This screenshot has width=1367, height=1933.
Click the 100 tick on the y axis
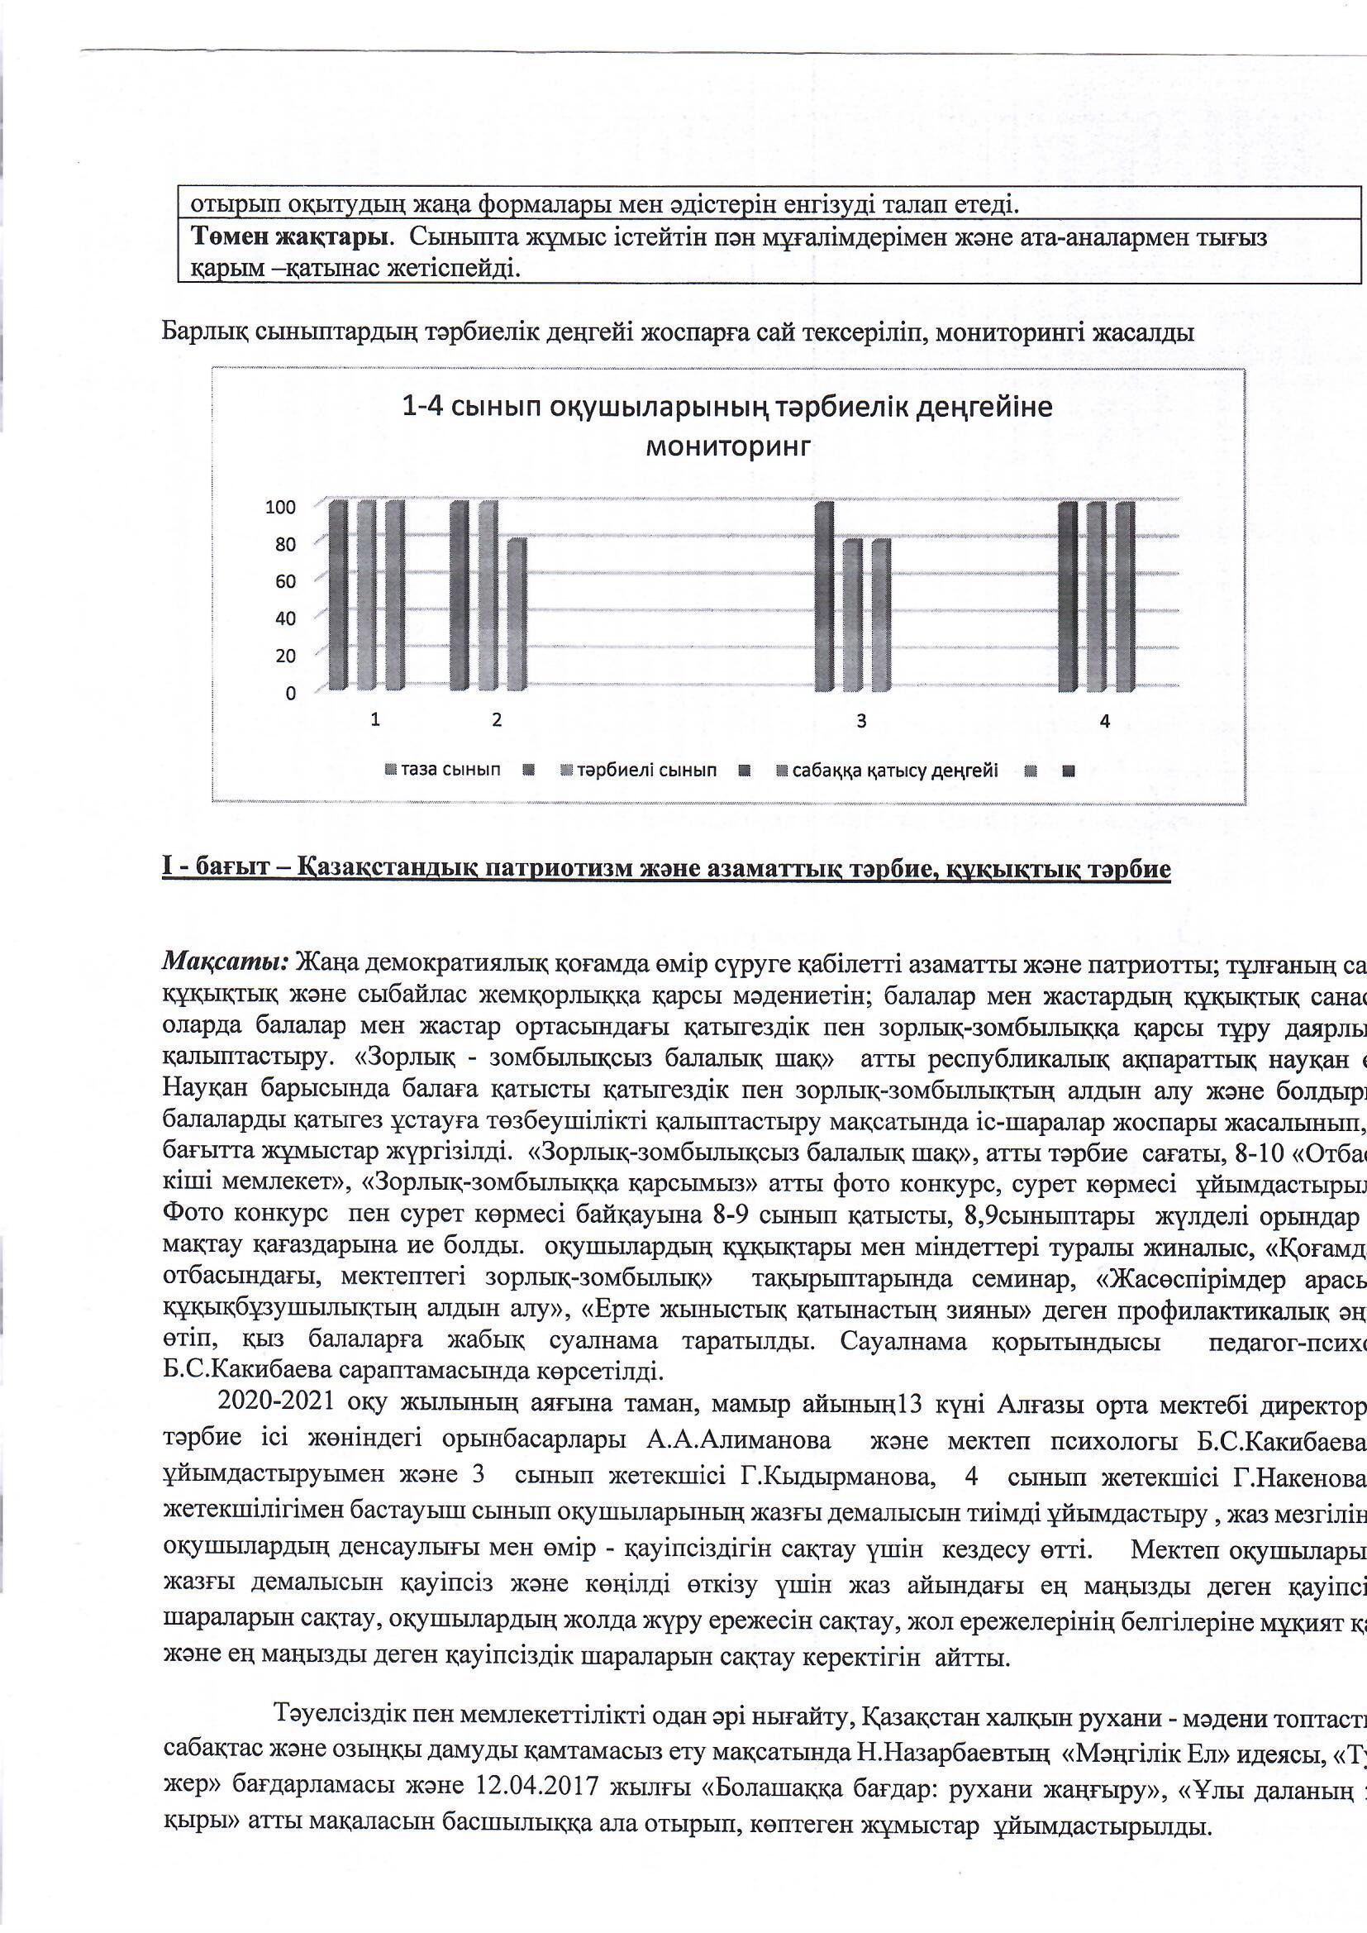click(x=281, y=507)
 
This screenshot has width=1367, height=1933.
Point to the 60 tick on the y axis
click(x=285, y=581)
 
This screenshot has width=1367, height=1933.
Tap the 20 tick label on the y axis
click(x=285, y=656)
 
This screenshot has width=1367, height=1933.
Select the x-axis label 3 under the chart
click(x=861, y=721)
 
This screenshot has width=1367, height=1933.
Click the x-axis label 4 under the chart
click(x=1105, y=721)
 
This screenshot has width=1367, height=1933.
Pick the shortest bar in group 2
click(x=517, y=614)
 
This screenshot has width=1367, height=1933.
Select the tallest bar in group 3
click(x=824, y=597)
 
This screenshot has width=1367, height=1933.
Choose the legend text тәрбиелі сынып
click(x=646, y=771)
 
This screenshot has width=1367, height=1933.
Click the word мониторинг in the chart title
click(x=728, y=446)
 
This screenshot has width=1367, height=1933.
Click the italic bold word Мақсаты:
click(x=226, y=961)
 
